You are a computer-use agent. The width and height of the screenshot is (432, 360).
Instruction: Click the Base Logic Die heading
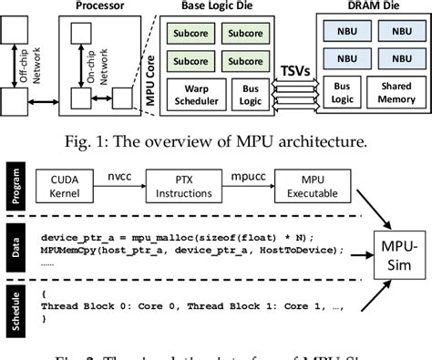(217, 7)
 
